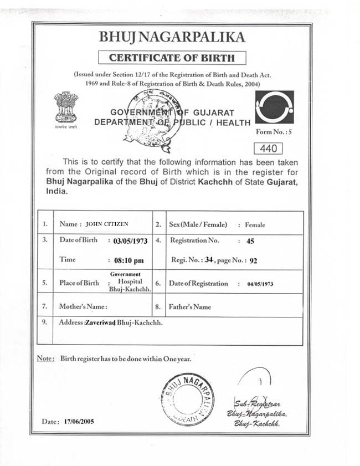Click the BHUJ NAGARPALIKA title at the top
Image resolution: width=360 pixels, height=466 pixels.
pos(171,37)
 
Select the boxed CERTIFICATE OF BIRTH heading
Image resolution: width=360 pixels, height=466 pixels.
pos(172,57)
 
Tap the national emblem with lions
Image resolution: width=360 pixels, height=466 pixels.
pos(66,107)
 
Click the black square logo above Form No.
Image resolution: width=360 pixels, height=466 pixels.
pos(274,107)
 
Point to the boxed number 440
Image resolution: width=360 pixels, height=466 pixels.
pos(268,148)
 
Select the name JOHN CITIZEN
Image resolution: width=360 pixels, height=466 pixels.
pos(107,224)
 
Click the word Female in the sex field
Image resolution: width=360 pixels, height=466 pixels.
pos(255,225)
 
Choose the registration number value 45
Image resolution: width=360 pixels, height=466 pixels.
pos(250,241)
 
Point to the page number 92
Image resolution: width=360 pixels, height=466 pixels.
pos(254,260)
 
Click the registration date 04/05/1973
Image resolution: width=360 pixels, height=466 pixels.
pos(260,284)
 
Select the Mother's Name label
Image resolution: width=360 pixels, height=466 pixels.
pos(83,306)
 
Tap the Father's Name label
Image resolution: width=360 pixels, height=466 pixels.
pos(191,306)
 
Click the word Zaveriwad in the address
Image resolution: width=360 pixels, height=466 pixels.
pos(99,322)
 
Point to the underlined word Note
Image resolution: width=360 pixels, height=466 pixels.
pos(45,359)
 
